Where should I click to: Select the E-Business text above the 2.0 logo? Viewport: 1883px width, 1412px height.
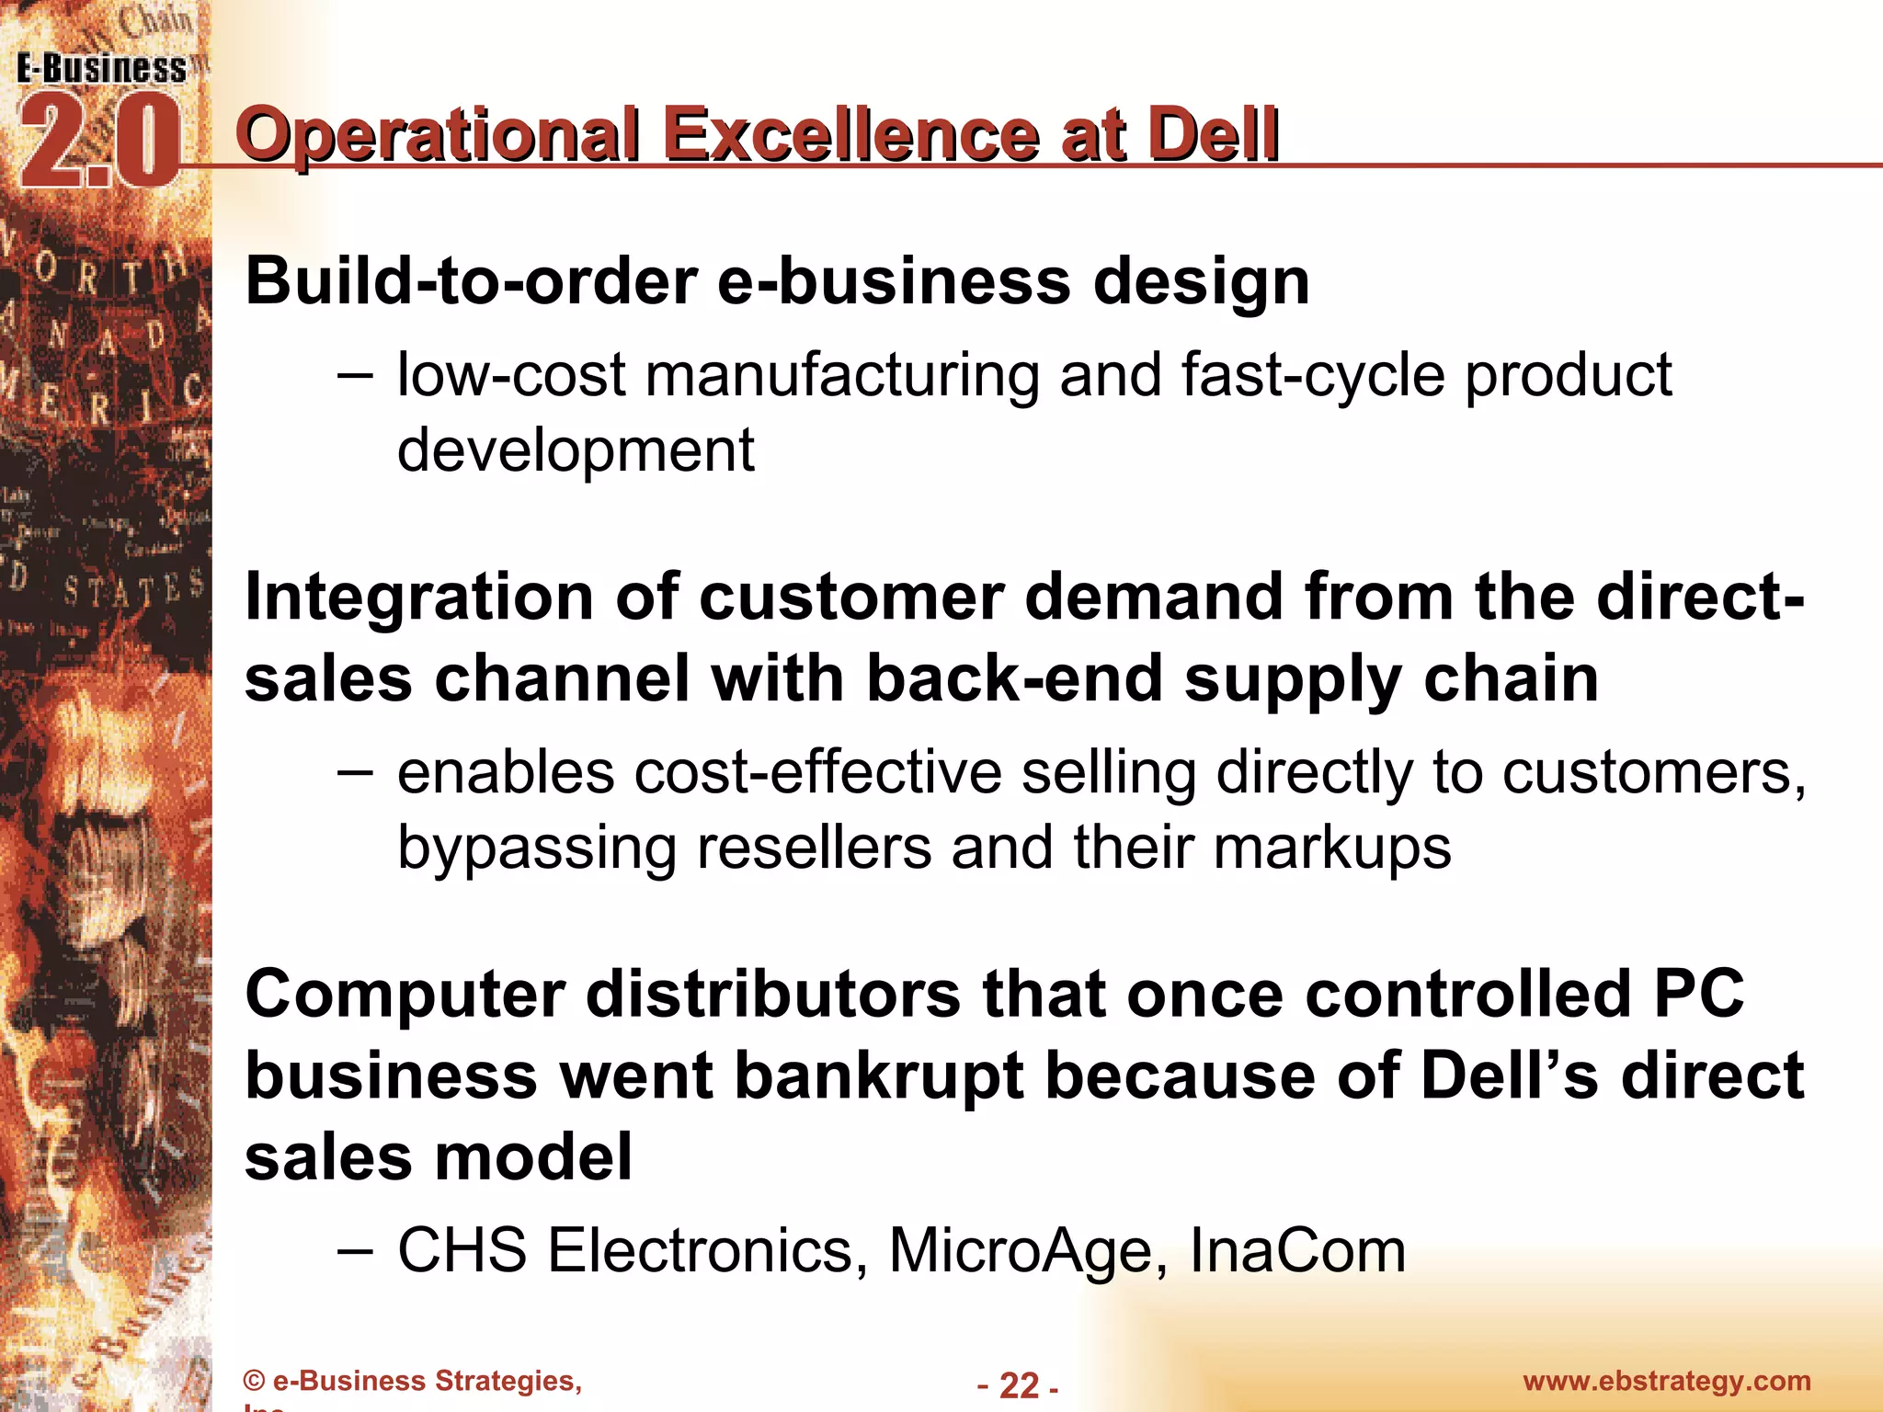(101, 69)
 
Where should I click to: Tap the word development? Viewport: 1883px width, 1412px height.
(576, 450)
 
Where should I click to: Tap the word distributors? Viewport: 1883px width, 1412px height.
(773, 995)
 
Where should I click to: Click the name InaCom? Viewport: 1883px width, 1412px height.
(1297, 1251)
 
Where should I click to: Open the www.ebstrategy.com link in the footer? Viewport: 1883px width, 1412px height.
(1667, 1381)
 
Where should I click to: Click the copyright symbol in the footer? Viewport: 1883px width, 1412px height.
(255, 1382)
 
